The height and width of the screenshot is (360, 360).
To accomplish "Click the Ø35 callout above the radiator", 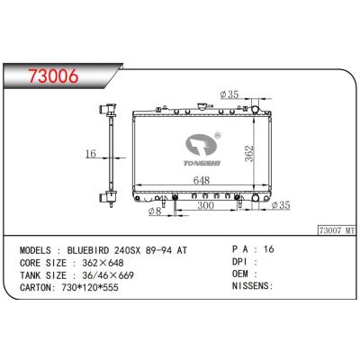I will pos(232,93).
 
